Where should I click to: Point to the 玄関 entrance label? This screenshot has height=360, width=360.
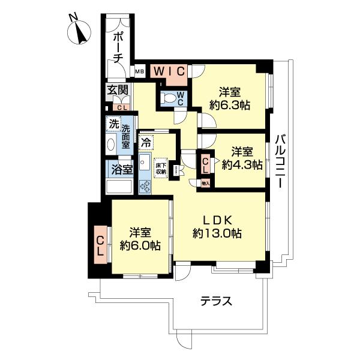point(118,91)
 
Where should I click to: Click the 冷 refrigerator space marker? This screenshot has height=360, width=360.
point(146,143)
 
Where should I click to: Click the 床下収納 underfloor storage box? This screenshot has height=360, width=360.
point(161,169)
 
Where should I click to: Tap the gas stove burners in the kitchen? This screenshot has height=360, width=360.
point(145,186)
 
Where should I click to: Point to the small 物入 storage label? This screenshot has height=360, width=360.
point(205,183)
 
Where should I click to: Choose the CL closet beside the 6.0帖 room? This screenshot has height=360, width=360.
point(100,245)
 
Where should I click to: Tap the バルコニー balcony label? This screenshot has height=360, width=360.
point(280,163)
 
